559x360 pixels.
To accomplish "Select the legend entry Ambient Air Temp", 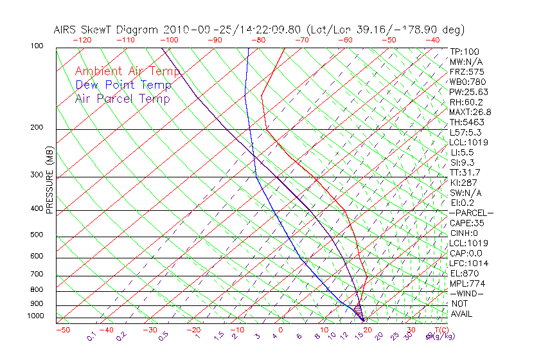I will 127,71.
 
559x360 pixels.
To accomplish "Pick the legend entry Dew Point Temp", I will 123,85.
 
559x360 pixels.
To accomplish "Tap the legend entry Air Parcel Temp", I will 123,98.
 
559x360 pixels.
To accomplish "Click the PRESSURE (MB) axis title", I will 49,183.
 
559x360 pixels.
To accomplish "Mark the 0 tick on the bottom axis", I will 281,330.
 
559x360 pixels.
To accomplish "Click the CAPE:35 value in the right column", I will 467,223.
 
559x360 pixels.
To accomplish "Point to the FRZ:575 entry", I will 467,71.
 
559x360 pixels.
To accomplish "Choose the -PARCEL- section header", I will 471,213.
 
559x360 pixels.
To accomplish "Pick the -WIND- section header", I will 466,293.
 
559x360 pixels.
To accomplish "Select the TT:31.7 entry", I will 465,172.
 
